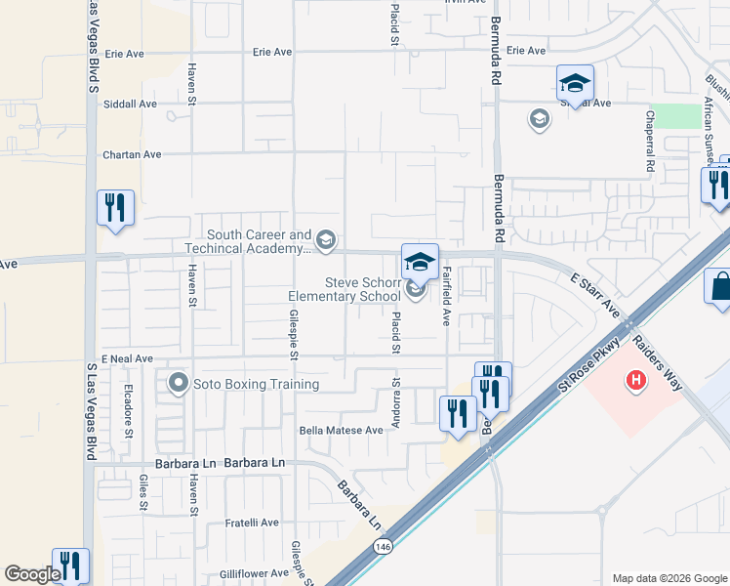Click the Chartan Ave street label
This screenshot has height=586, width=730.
pos(132,154)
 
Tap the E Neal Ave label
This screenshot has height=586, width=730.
pos(126,359)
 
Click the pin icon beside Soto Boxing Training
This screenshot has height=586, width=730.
pos(178,383)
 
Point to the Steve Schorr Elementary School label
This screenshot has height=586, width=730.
pos(345,288)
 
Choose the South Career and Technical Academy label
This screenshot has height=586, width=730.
pos(258,241)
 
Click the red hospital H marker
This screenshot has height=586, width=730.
pos(636,380)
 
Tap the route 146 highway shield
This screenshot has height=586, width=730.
pos(378,551)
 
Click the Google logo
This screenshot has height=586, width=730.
pos(32,574)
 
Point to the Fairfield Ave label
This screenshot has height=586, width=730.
pos(447,297)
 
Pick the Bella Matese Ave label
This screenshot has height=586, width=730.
pos(341,430)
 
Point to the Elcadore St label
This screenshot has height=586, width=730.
pos(128,407)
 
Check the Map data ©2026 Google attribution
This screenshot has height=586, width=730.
pos(668,578)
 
